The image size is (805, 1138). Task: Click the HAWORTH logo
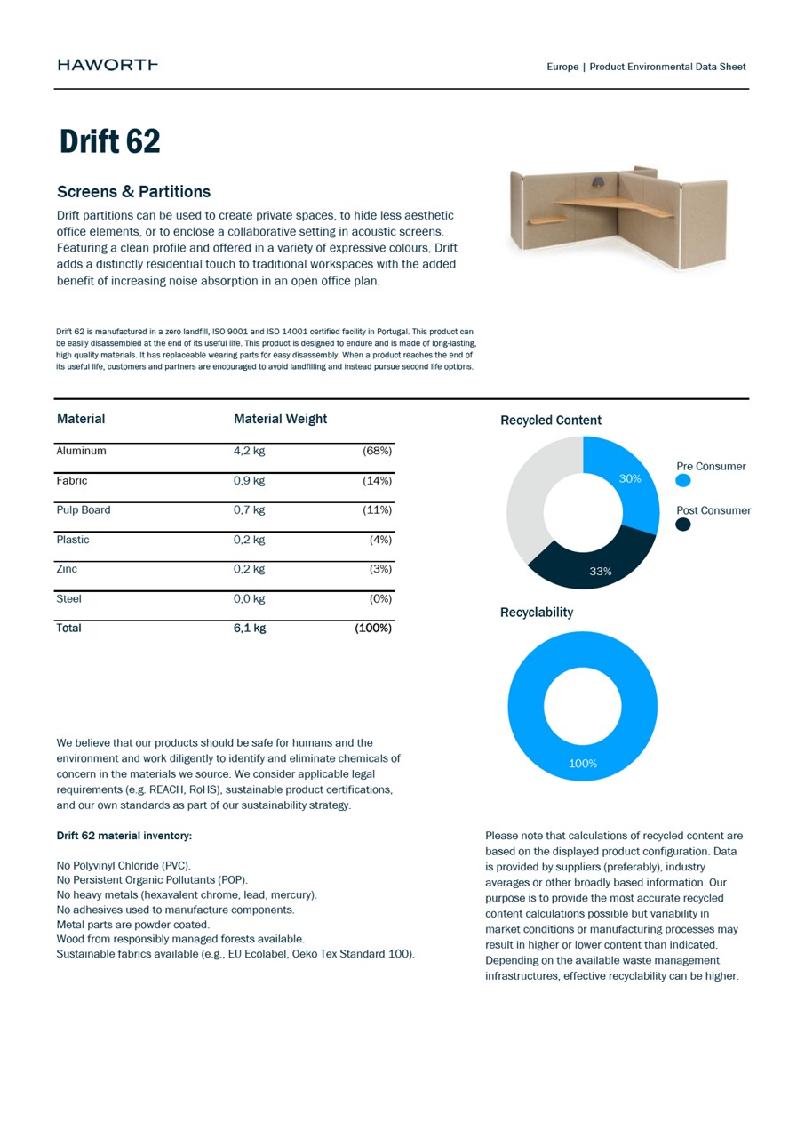pyautogui.click(x=108, y=65)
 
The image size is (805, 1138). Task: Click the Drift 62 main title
pyautogui.click(x=109, y=142)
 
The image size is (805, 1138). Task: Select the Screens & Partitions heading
pyautogui.click(x=133, y=192)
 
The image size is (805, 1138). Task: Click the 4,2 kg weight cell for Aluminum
pyautogui.click(x=250, y=451)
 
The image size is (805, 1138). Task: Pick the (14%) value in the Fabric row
pyautogui.click(x=377, y=481)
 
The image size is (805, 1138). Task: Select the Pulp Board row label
pyautogui.click(x=84, y=510)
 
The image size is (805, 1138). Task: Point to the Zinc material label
pyautogui.click(x=67, y=569)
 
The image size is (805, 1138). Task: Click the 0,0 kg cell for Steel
pyautogui.click(x=250, y=599)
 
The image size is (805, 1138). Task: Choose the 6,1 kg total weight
pyautogui.click(x=250, y=629)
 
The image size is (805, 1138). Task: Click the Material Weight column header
pyautogui.click(x=280, y=419)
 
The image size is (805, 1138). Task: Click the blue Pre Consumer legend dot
pyautogui.click(x=683, y=481)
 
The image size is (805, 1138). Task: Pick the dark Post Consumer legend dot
pyautogui.click(x=683, y=525)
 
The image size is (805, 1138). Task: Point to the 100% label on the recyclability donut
pyautogui.click(x=583, y=764)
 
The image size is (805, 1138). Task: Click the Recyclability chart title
pyautogui.click(x=537, y=613)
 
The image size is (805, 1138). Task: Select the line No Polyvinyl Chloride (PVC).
pyautogui.click(x=124, y=865)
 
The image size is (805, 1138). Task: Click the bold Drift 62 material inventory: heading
pyautogui.click(x=124, y=837)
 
